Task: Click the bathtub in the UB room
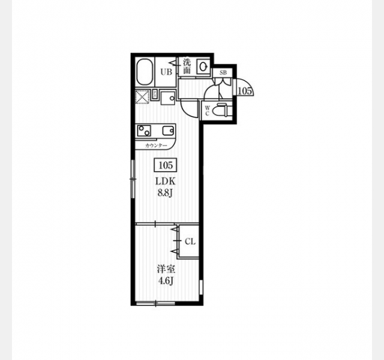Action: [x=145, y=72]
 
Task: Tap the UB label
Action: [x=166, y=72]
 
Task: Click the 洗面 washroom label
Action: [x=187, y=66]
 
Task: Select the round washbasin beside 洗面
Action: [x=203, y=66]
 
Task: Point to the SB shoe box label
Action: [x=223, y=73]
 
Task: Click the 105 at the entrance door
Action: [x=245, y=91]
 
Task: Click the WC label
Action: [x=207, y=110]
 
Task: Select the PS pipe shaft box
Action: [x=155, y=94]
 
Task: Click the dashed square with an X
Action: [x=143, y=97]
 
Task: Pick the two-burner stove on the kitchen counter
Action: [x=144, y=131]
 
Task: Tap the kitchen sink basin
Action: [x=169, y=131]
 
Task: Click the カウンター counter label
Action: [x=156, y=146]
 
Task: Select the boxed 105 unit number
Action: [x=166, y=166]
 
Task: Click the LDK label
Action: [x=166, y=181]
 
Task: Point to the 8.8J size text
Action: [x=166, y=193]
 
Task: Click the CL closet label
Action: [x=190, y=242]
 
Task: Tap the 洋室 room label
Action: [x=166, y=269]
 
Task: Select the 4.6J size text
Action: [x=166, y=281]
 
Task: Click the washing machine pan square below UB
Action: [x=168, y=98]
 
